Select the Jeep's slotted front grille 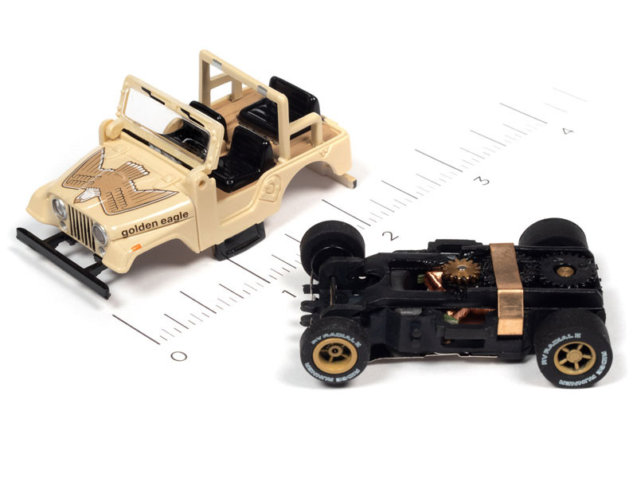81,225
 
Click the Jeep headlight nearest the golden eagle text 100,234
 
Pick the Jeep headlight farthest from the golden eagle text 59,210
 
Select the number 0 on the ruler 178,355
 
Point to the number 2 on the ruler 389,235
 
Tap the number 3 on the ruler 481,180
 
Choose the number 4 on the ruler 566,131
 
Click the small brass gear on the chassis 460,272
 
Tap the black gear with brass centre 565,272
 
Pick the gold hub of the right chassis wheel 573,357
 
